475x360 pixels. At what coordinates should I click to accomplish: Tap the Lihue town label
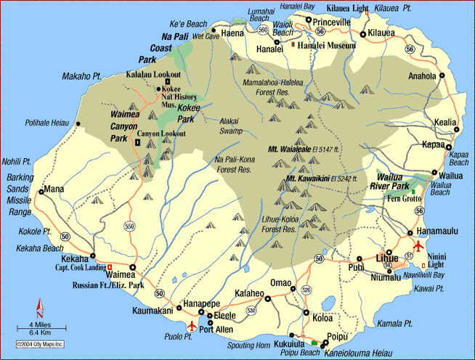coord(386,258)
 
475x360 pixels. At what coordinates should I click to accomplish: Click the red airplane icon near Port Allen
coord(191,325)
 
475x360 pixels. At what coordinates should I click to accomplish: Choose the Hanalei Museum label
coord(328,46)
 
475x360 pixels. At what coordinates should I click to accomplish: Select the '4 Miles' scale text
coord(41,323)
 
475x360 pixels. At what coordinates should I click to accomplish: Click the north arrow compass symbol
coord(41,306)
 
